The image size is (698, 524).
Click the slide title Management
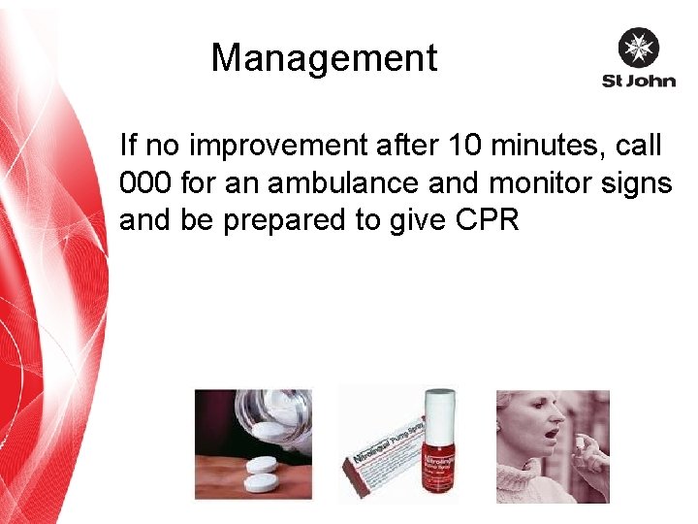(324, 58)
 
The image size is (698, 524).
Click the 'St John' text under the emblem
(638, 81)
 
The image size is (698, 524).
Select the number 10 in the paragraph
(463, 147)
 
